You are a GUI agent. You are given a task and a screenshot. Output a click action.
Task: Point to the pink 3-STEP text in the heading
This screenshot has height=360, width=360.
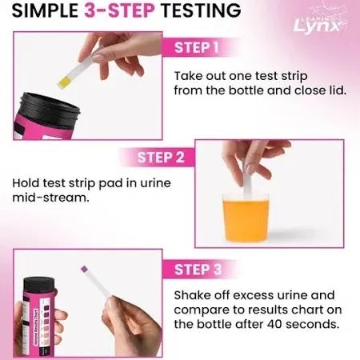click(x=132, y=12)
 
